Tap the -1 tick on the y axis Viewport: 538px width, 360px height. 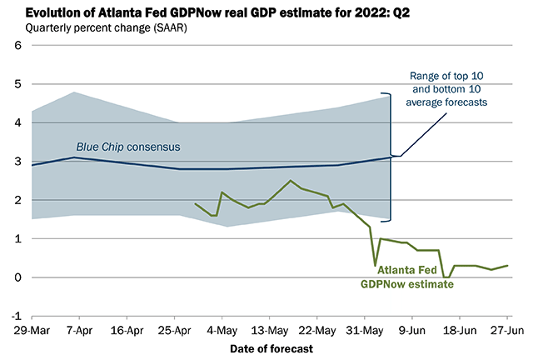[x=16, y=317]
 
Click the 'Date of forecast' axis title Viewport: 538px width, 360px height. [x=270, y=347]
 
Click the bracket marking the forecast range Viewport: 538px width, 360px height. [x=389, y=156]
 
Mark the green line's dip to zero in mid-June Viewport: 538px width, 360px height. [x=446, y=277]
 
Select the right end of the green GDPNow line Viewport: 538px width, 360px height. [x=507, y=266]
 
